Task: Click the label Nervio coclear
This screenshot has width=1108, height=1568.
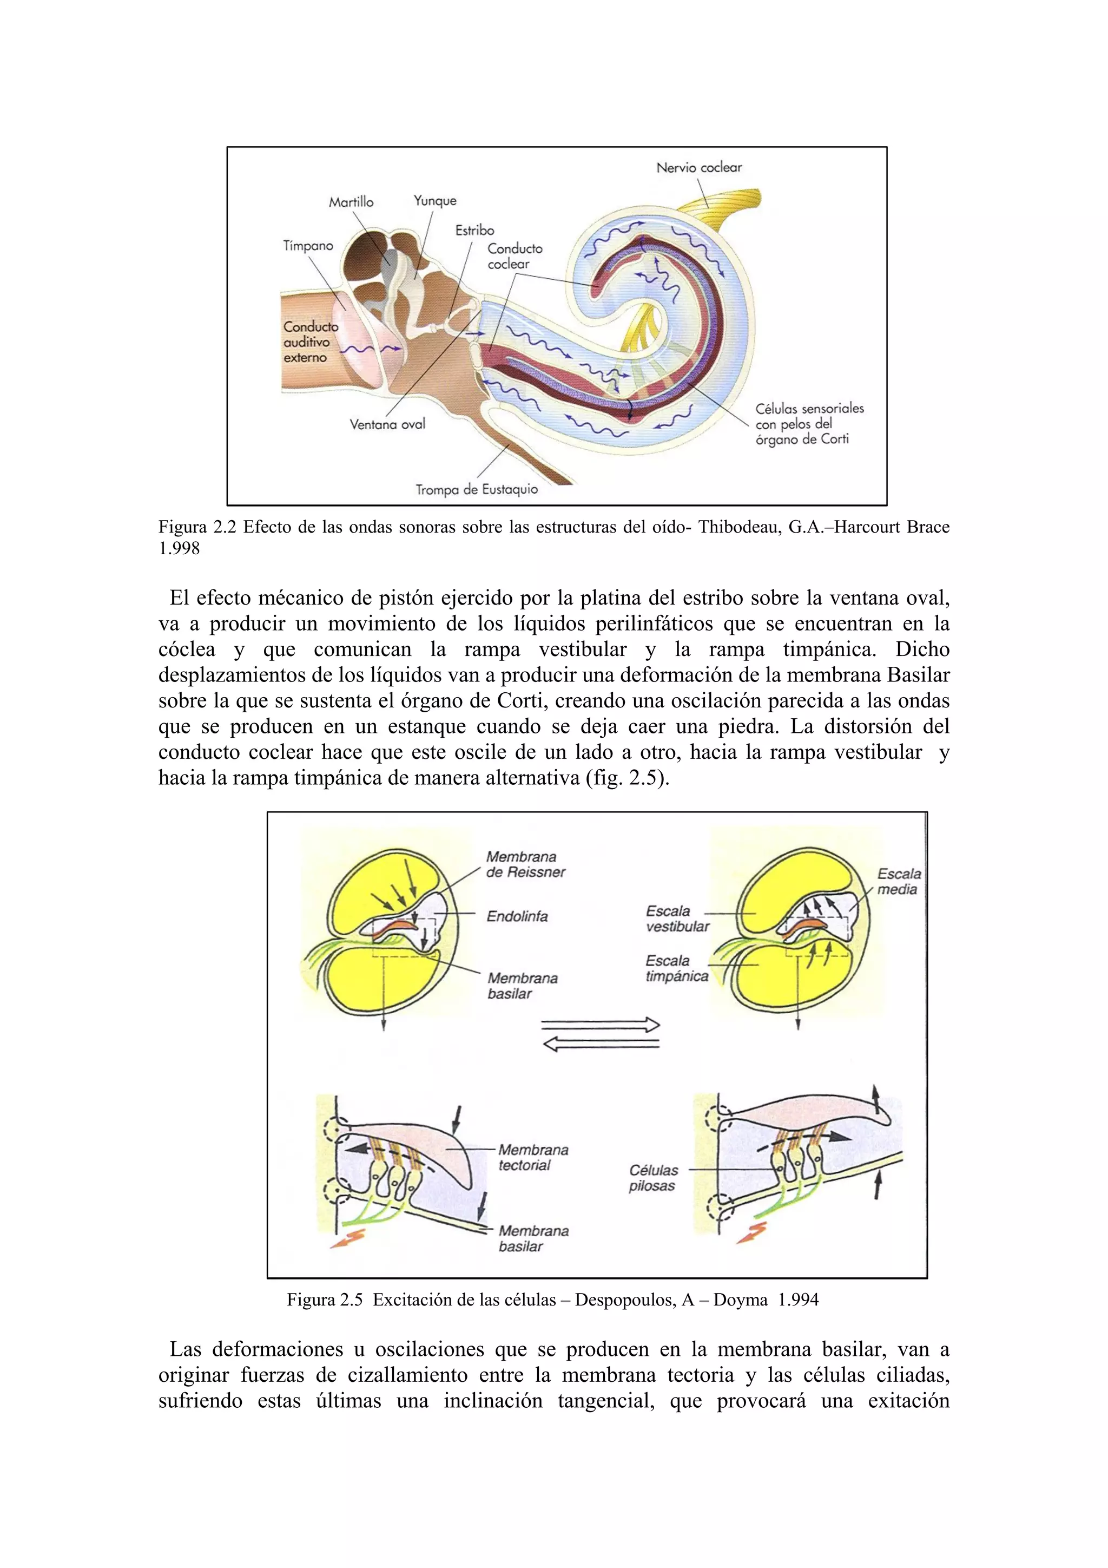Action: coord(698,167)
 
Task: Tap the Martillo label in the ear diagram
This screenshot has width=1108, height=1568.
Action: coord(351,202)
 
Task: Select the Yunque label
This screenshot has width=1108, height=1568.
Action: coord(435,201)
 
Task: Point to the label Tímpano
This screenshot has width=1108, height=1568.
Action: coord(308,246)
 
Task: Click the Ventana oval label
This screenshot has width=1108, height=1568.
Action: coord(387,424)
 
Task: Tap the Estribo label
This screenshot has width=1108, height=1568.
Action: coord(474,230)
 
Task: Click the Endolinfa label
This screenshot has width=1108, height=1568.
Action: coord(517,916)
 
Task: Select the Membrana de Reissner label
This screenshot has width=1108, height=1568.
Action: coord(525,864)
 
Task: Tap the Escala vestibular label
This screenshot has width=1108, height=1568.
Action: coord(677,919)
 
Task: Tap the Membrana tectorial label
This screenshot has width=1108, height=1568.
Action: coord(532,1158)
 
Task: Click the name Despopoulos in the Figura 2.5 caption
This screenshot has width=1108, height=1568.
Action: coord(623,1300)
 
